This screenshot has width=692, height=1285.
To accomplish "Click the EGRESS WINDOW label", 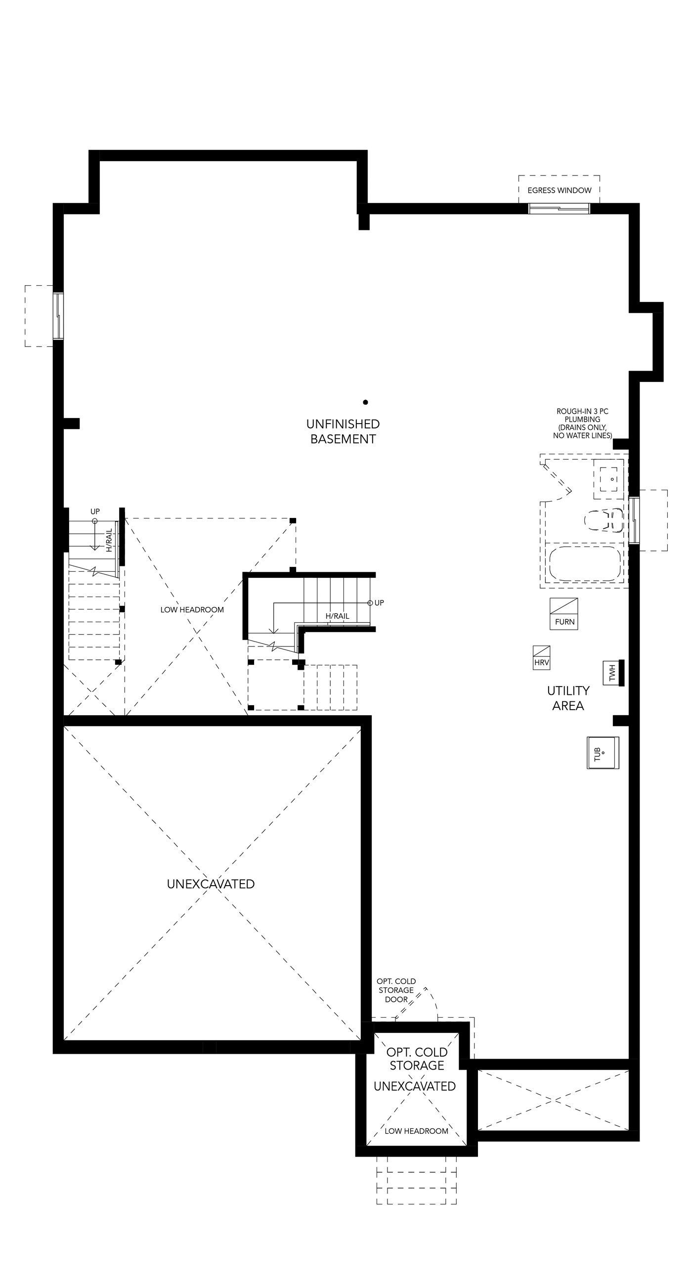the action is tap(560, 190).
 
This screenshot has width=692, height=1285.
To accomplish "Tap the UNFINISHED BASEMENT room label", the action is tap(343, 431).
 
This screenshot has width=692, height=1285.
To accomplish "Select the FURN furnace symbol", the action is tap(564, 614).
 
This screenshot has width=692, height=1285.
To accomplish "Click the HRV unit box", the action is tap(541, 657).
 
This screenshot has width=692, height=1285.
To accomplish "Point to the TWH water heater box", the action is tap(613, 673).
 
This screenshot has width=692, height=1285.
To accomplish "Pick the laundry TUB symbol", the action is tap(603, 752).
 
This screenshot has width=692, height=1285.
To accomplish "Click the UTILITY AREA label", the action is tap(568, 698).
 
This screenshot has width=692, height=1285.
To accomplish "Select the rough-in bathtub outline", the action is tap(585, 563).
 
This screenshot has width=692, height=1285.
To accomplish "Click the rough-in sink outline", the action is tap(608, 479).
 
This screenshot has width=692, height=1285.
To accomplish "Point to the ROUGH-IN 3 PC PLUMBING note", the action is tap(582, 424).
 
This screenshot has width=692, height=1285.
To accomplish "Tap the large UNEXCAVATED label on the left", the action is tap(211, 884).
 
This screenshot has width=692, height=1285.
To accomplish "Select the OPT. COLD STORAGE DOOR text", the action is tap(396, 990).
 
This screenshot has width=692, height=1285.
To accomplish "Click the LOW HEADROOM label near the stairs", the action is tap(192, 609).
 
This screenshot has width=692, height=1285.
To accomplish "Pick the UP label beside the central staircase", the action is tap(379, 602).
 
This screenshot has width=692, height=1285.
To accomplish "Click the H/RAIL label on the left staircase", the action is tap(109, 540).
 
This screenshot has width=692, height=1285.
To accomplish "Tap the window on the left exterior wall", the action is tap(59, 316).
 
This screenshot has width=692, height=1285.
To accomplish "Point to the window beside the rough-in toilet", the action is tap(634, 520).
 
